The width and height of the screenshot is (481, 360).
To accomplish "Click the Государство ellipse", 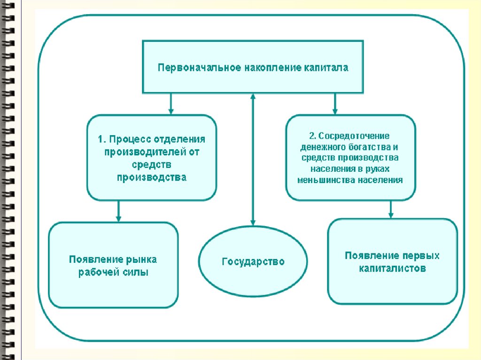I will [x=253, y=261].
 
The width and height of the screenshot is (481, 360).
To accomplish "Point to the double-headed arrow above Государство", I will [x=253, y=160].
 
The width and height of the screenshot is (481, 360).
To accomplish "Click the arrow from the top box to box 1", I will [x=171, y=104].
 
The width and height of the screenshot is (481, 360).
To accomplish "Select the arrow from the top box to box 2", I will [x=334, y=104].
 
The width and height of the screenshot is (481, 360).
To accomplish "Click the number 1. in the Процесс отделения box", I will [x=101, y=139].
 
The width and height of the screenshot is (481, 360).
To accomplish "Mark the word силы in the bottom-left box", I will [x=138, y=272].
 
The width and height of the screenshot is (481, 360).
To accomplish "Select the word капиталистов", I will [x=393, y=269].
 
